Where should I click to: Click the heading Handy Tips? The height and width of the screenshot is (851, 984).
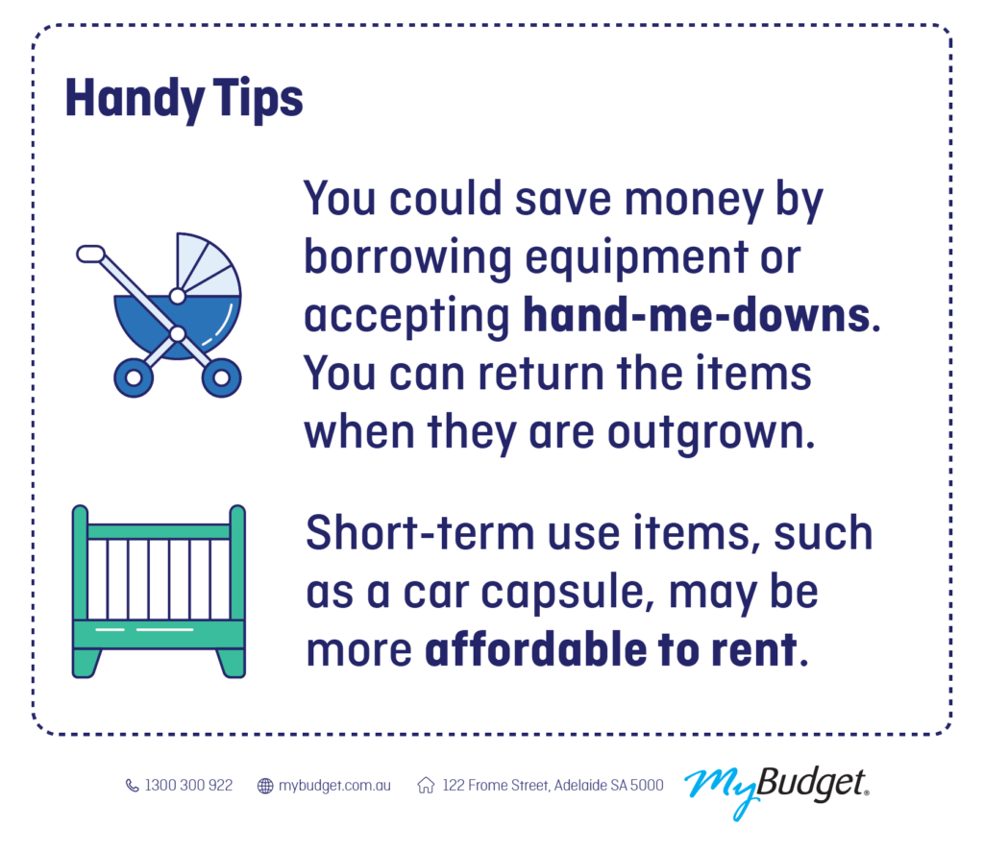click(x=184, y=99)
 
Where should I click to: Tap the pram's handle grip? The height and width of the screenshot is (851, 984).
click(x=90, y=254)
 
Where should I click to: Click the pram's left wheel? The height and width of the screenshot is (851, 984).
click(x=133, y=377)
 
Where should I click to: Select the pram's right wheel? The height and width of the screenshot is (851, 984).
click(x=222, y=377)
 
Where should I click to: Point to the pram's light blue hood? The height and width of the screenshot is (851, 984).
click(x=204, y=266)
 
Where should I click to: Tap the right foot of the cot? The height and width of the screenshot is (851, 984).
click(x=231, y=663)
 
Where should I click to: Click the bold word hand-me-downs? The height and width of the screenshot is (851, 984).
click(x=697, y=315)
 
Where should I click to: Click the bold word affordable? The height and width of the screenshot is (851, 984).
click(x=536, y=649)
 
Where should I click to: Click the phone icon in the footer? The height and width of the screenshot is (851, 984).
click(x=132, y=785)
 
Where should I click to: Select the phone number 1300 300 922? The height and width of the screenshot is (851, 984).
click(x=188, y=785)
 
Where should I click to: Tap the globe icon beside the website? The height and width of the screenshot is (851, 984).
click(x=265, y=785)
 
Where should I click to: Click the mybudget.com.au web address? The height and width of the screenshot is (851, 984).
click(x=334, y=786)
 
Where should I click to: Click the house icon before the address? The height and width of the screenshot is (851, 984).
click(x=426, y=785)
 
